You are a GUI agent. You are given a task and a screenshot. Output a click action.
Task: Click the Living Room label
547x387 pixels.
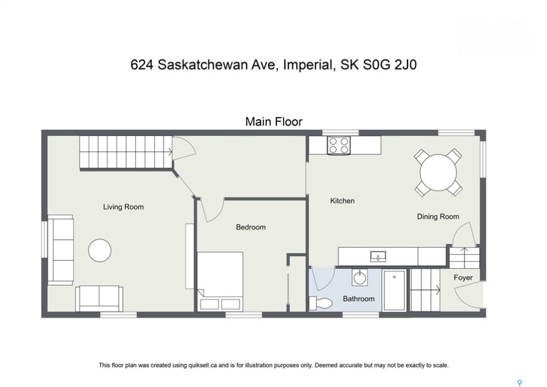(x=123, y=207)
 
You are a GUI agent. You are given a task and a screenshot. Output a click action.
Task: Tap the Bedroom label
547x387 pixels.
(x=251, y=227)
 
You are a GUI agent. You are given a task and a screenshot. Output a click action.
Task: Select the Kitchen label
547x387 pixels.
(x=342, y=201)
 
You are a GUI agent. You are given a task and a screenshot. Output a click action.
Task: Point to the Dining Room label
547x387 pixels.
(x=438, y=217)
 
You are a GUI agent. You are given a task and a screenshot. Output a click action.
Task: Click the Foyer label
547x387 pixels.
(x=463, y=278)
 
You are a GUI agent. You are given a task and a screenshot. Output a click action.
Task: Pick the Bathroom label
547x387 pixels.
(x=359, y=299)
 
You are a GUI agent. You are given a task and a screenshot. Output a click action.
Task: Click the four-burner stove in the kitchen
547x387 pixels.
(x=339, y=145)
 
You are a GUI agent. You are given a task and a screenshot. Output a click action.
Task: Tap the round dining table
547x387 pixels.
(x=438, y=172)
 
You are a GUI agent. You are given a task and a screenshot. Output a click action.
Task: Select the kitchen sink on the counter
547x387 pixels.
(x=378, y=256)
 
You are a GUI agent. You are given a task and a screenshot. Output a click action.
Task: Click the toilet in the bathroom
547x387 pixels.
(x=320, y=303)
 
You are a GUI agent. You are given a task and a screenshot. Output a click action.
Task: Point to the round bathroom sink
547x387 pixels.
(x=359, y=278)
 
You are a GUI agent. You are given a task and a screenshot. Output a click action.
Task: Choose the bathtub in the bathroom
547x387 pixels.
(x=394, y=290)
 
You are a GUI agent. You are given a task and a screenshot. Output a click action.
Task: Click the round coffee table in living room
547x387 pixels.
(x=100, y=250)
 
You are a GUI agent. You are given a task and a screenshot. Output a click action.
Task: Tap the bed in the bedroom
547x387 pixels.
(x=220, y=282)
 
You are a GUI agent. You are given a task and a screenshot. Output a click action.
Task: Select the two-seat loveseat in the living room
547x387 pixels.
(x=99, y=299)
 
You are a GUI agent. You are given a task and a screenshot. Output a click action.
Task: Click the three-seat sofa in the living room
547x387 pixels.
(x=60, y=250)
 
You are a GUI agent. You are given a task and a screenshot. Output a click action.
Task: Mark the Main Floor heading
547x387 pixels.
(x=274, y=121)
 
